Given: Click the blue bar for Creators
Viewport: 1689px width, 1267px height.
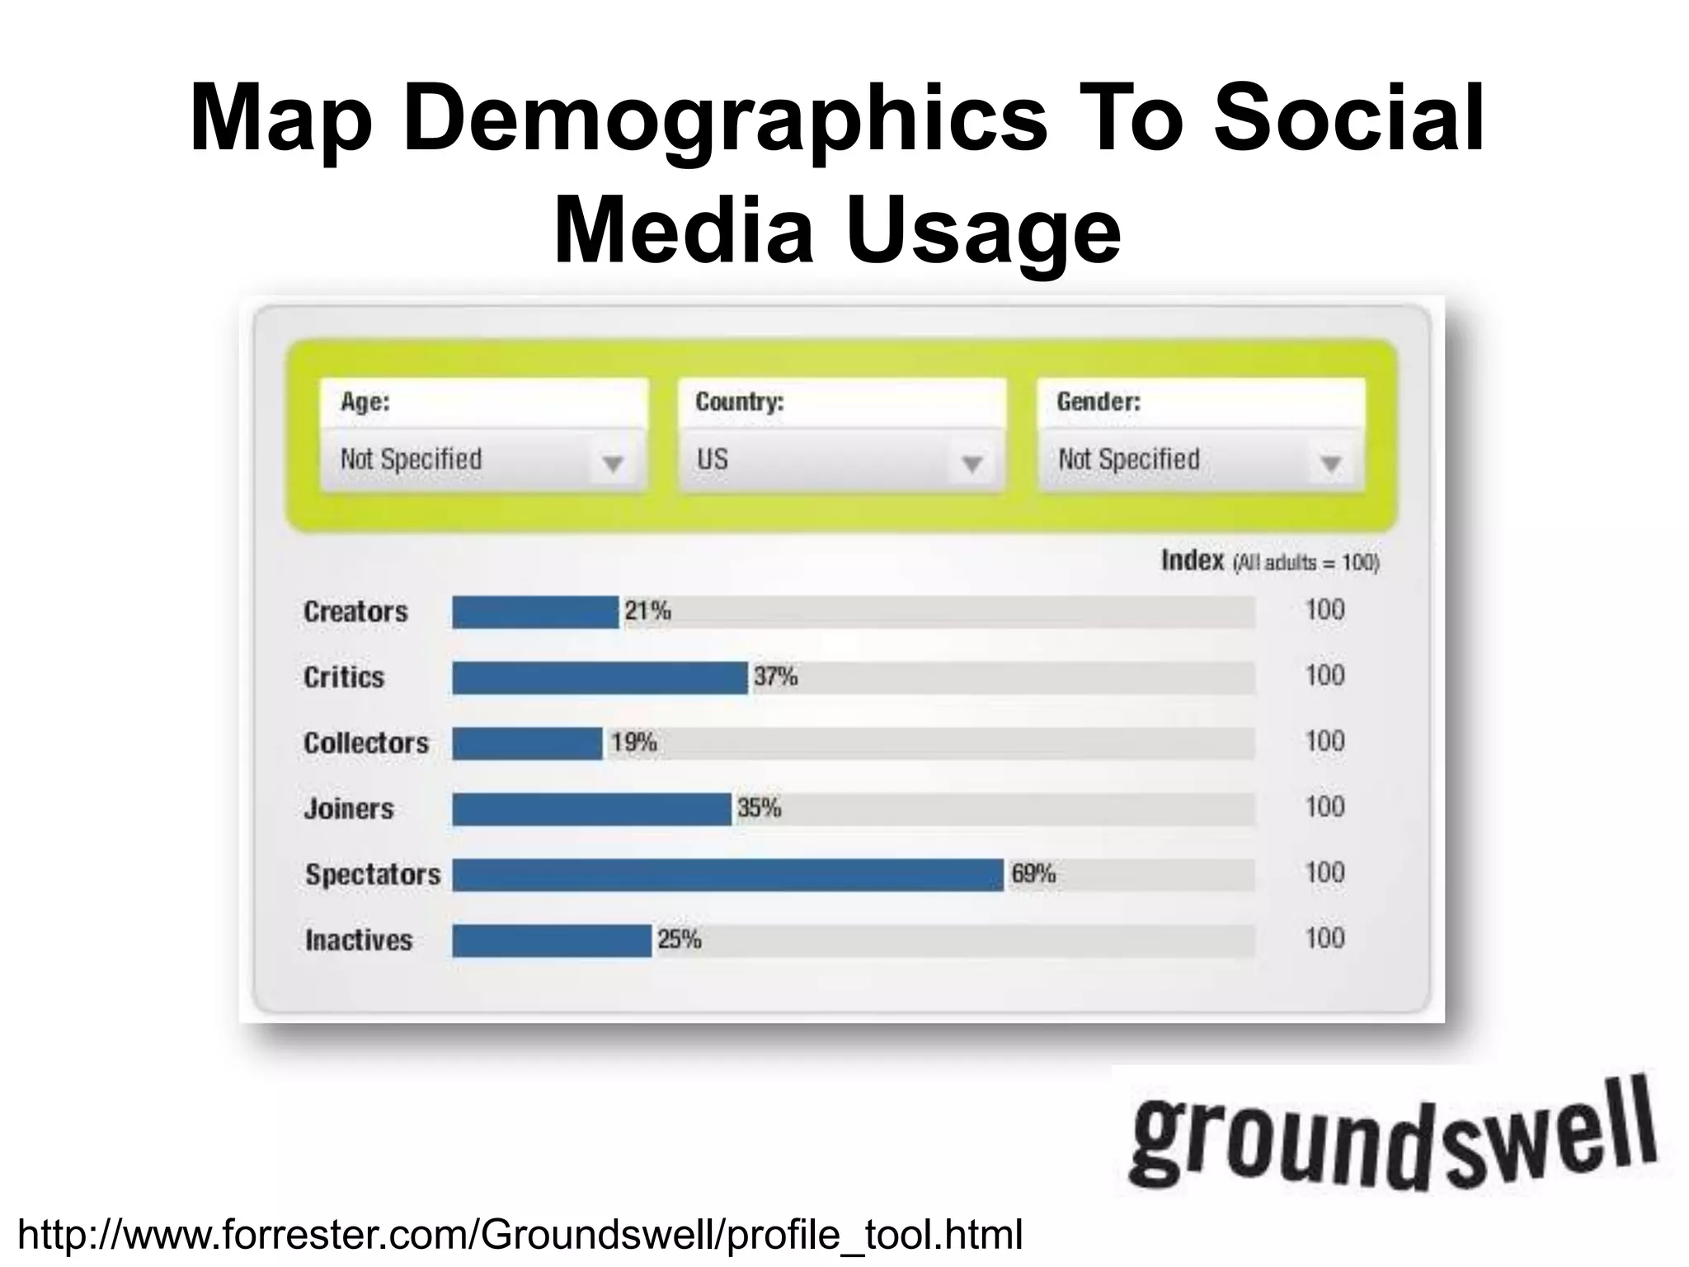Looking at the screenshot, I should [535, 612].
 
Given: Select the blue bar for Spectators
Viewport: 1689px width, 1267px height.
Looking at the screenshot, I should [727, 874].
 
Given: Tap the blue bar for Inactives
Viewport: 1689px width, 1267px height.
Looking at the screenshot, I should [552, 940].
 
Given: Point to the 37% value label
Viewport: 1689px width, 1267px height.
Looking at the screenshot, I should [775, 677].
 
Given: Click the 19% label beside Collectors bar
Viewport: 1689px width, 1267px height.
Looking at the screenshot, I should [633, 742].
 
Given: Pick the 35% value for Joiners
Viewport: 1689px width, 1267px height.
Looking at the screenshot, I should [759, 808].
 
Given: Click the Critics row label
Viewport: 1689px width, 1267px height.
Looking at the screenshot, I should [344, 677].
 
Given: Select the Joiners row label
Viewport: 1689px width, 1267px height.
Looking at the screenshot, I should [349, 808].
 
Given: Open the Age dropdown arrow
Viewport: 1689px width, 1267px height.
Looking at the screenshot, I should [612, 464].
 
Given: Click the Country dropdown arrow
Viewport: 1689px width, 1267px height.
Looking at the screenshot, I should [972, 464].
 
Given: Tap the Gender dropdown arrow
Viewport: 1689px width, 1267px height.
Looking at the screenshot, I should [1330, 464].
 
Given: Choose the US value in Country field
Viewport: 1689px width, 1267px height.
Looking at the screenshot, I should [713, 459].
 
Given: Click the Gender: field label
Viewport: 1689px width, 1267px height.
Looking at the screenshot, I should [1099, 402].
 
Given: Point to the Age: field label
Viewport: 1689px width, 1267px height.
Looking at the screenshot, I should [365, 402].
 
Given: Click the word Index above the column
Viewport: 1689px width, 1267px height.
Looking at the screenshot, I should [1192, 561].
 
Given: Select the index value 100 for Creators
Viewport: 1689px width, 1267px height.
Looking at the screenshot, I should [1324, 610].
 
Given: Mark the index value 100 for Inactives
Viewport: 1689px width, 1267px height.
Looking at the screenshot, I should [1324, 938].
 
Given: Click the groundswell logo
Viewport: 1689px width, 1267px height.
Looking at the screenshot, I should [1392, 1134].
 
